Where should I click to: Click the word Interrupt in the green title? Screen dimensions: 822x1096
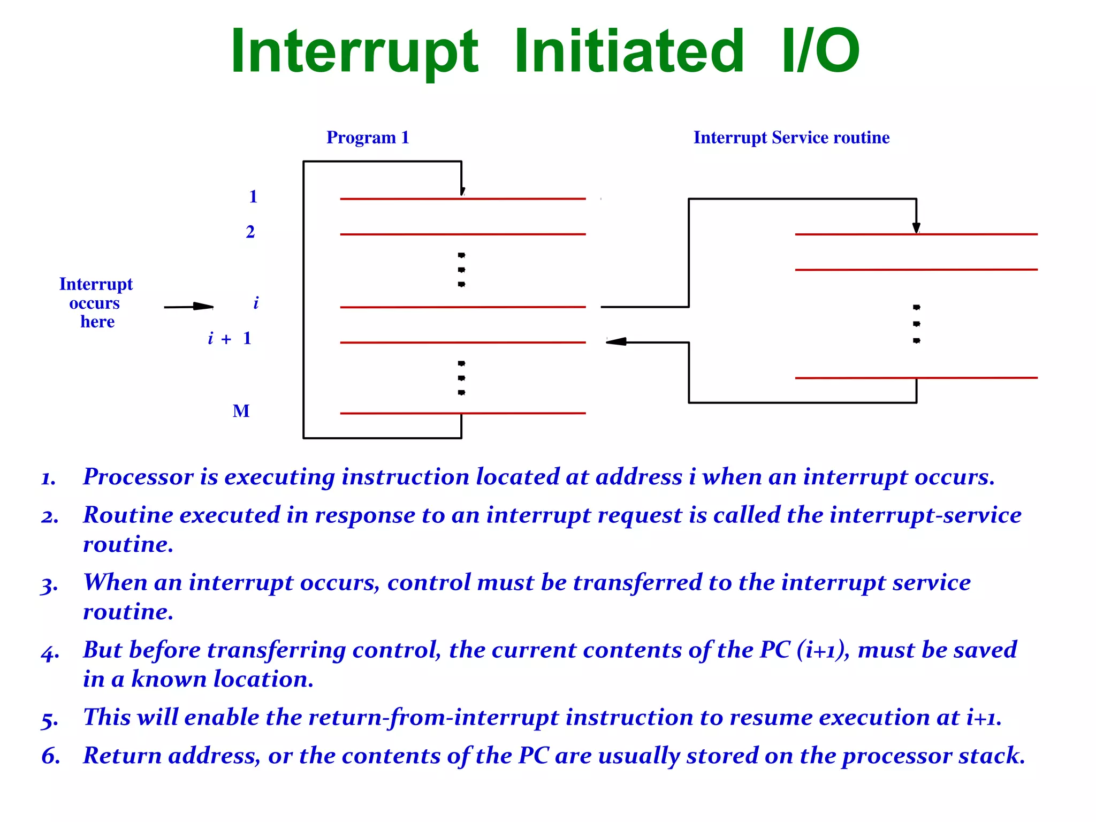point(354,52)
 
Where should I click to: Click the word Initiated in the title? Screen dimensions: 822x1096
point(629,52)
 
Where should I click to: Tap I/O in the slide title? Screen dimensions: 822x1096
point(820,52)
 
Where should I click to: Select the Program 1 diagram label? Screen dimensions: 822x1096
point(368,138)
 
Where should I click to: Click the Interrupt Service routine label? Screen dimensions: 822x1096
point(791,138)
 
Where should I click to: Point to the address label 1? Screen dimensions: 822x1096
point(253,197)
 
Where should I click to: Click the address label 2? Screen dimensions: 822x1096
point(250,232)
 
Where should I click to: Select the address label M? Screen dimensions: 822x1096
point(241,411)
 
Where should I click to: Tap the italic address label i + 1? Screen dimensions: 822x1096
point(229,338)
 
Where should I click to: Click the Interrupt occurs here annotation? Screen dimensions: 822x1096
point(96,303)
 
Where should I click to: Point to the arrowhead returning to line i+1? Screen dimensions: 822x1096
point(616,341)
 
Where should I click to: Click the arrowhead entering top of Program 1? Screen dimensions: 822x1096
point(462,192)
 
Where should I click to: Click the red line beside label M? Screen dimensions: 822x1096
point(462,413)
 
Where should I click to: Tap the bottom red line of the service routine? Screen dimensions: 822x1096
point(916,378)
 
